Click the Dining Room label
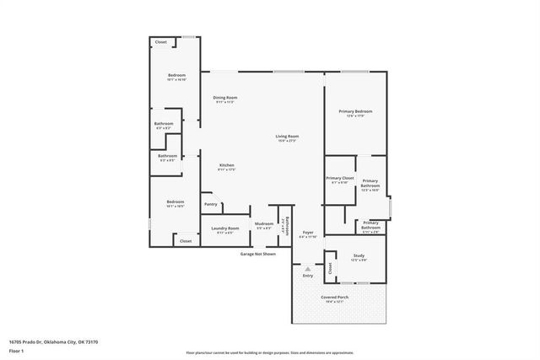pos(224,97)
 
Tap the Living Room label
pos(287,136)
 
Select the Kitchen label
pos(226,165)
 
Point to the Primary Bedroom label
pos(355,111)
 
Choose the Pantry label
pos(210,204)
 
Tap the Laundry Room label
pos(225,228)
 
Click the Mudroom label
pos(263,223)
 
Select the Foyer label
pos(308,233)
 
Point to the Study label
pos(359,255)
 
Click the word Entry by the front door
pos(308,276)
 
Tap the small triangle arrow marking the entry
pos(308,269)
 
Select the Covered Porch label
pos(335,298)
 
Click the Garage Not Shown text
pos(257,253)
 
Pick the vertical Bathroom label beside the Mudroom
pos(286,226)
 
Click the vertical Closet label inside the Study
pos(330,268)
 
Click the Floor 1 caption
pos(17,350)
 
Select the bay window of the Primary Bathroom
pos(389,207)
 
